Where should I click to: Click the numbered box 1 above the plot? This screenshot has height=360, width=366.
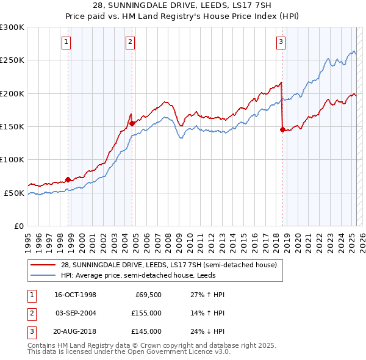tap(66, 42)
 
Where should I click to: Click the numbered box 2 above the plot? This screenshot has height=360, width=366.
tap(131, 42)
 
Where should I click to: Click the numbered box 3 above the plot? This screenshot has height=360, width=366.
tap(281, 42)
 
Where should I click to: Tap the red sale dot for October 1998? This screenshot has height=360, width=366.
tap(68, 179)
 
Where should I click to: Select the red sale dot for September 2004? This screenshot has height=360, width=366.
tap(132, 123)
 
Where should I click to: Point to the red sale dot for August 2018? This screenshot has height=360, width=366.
tap(282, 129)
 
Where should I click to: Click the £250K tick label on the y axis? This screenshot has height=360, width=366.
tap(12, 60)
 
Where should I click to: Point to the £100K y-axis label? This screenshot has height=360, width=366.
tap(12, 159)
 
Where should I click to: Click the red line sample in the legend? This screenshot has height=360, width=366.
tap(43, 265)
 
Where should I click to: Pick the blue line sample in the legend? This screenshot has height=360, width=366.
tap(43, 275)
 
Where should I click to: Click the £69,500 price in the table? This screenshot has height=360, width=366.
tap(148, 295)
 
